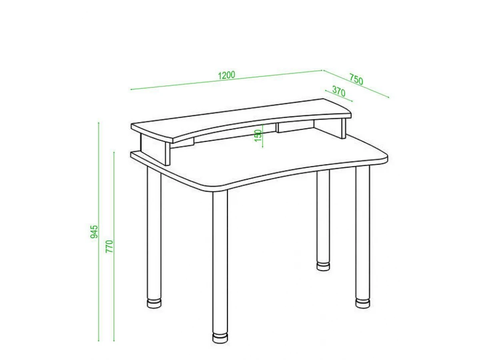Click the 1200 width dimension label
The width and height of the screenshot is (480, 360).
pyautogui.click(x=226, y=75)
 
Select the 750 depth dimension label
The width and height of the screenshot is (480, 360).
pyautogui.click(x=356, y=79)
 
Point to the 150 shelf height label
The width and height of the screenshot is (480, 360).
pyautogui.click(x=258, y=136)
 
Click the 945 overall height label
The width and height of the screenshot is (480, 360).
pyautogui.click(x=94, y=232)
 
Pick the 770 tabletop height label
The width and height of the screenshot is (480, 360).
pyautogui.click(x=110, y=246)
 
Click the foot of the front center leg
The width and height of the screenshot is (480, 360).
pyautogui.click(x=220, y=338)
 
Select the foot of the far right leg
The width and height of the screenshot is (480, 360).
pyautogui.click(x=362, y=303)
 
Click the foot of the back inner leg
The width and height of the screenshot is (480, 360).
pyautogui.click(x=323, y=266)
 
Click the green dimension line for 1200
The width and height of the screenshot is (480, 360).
pyautogui.click(x=226, y=80)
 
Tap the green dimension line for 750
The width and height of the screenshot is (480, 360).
pyautogui.click(x=356, y=84)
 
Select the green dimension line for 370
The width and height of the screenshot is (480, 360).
pyautogui.click(x=339, y=96)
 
